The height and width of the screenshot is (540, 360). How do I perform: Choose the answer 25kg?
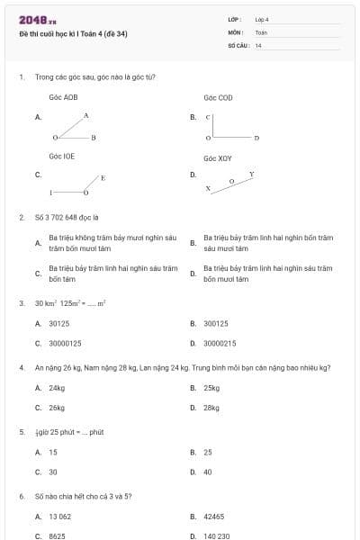coord(211,388)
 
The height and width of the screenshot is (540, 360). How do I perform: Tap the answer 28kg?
coord(211,408)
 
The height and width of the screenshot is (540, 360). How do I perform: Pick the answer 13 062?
coord(59,517)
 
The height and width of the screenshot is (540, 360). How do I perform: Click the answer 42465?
coord(213,517)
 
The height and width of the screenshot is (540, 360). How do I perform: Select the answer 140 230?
coord(216,535)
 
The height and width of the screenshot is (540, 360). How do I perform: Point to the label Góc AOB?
coord(63,97)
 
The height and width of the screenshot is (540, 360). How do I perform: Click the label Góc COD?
coord(218,97)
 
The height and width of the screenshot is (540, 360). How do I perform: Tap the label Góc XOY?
coord(218,157)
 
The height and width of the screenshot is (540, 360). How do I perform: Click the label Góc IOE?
coord(62,156)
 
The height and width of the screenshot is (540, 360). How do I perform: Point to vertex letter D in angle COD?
coord(256,138)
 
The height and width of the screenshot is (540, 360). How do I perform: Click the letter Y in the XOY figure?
coord(251,174)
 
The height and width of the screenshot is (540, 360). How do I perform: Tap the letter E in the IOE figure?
coord(103,178)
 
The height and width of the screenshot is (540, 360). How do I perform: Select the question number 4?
coord(21,367)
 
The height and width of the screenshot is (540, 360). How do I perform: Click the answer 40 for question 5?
coord(208,472)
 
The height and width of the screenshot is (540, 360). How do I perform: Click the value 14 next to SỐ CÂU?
coord(258,45)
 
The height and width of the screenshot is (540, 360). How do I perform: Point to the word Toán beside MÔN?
coord(261,31)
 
